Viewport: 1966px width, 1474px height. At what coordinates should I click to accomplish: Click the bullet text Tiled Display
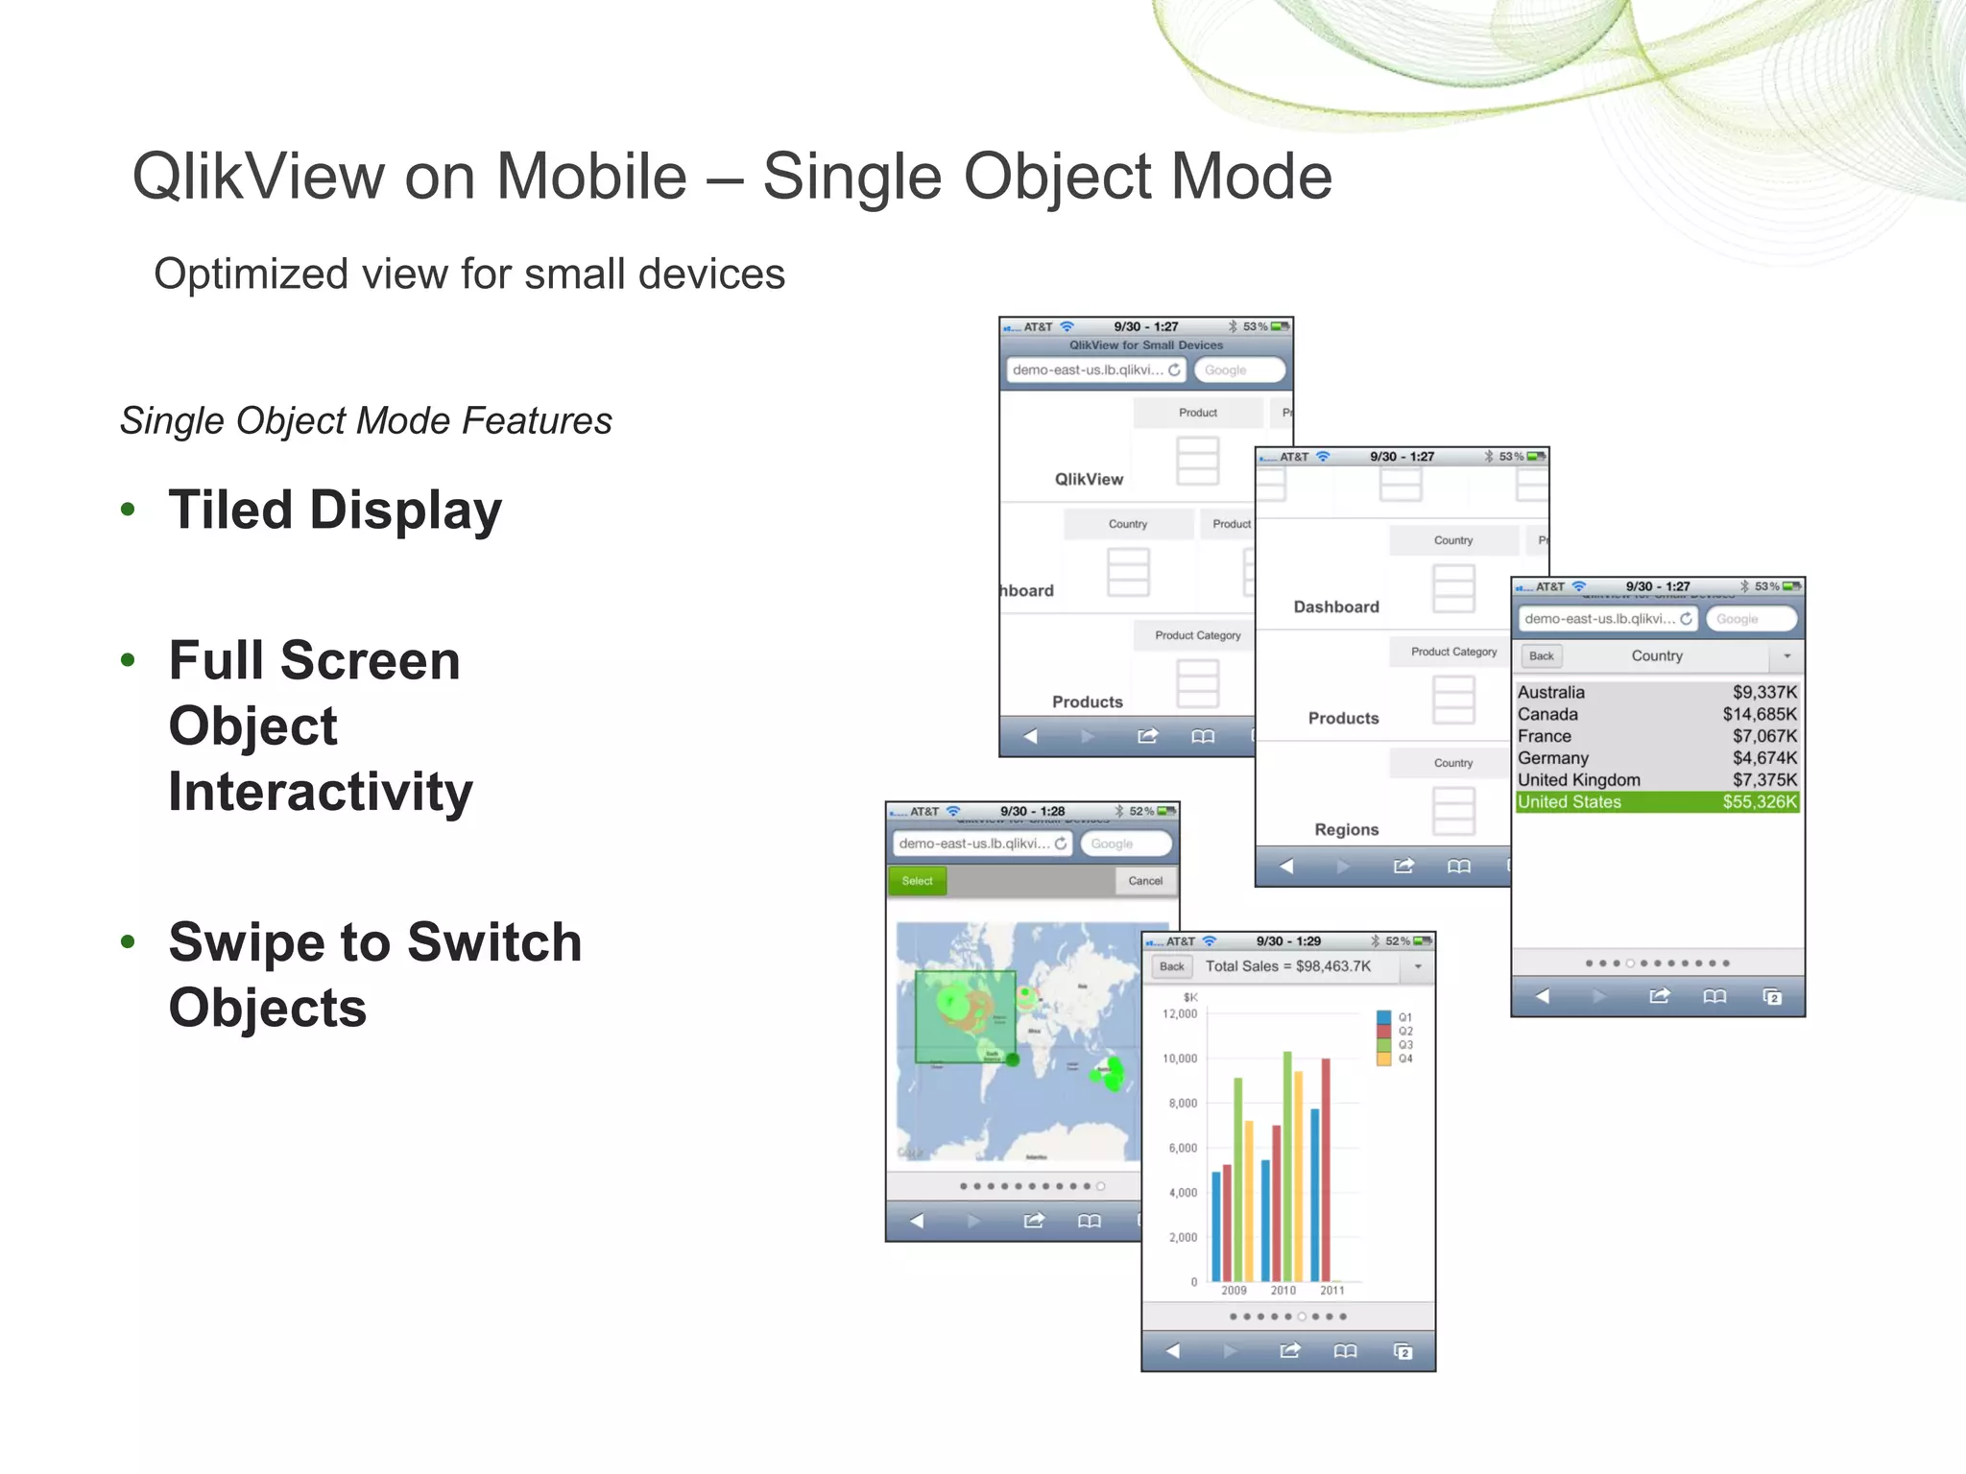(335, 510)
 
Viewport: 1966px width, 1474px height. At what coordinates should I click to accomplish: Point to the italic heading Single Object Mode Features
(366, 420)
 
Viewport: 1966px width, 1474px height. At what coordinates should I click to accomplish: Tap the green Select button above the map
(917, 881)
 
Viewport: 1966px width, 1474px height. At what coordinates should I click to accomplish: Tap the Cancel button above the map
(1145, 881)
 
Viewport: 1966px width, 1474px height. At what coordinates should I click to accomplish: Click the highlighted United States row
(1657, 802)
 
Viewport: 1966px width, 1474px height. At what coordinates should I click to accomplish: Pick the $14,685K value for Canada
(1759, 714)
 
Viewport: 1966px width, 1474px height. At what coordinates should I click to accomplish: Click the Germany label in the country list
(1552, 758)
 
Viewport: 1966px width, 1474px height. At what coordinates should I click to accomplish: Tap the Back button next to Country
(1541, 656)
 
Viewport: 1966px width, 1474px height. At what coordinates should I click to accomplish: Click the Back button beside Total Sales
(1171, 966)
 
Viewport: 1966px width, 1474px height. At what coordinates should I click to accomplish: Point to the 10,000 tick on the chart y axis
(1180, 1058)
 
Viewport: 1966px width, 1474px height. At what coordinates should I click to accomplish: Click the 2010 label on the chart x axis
(1283, 1291)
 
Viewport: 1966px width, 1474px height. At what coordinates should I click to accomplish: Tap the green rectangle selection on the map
(965, 1017)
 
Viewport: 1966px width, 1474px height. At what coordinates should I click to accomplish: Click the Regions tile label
(1346, 830)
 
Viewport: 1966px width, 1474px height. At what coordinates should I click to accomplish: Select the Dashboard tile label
(1335, 607)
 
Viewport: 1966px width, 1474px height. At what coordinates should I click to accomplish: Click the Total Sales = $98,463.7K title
(1287, 966)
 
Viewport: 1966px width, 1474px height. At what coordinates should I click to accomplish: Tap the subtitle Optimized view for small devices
(469, 274)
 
